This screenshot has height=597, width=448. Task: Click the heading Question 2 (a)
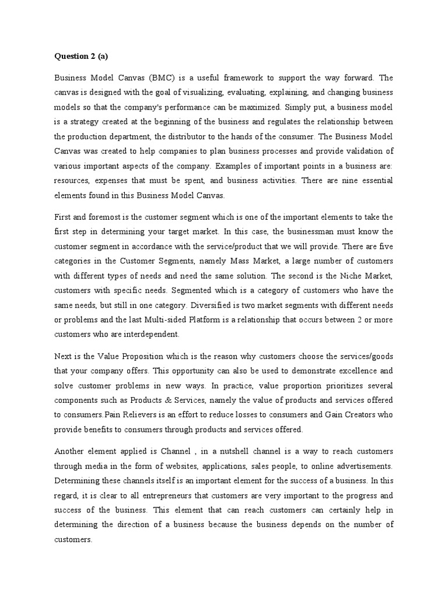82,57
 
